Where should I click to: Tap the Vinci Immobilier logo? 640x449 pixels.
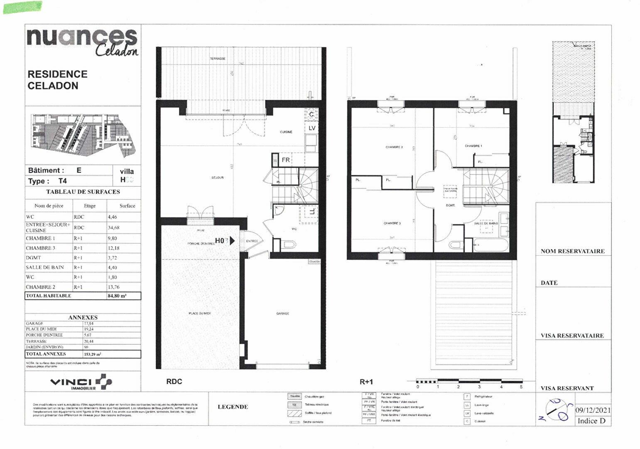pos(81,382)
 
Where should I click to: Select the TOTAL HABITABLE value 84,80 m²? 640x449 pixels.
pos(117,296)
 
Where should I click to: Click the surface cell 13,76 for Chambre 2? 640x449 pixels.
pos(113,287)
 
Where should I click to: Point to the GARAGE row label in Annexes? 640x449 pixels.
pos(34,323)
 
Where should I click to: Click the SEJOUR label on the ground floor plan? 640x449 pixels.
pos(217,178)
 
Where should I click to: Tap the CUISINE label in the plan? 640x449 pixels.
pos(286,132)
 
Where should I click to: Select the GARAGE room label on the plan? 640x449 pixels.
pos(282,313)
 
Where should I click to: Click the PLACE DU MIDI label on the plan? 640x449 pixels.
pos(199,313)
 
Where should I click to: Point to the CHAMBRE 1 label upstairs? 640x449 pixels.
pos(473,146)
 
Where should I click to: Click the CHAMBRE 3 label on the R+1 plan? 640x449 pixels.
pos(392,223)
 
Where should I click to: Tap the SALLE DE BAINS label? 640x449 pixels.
pos(486,223)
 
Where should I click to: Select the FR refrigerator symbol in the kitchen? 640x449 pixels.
pos(286,160)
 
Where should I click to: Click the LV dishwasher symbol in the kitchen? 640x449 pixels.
pos(311,128)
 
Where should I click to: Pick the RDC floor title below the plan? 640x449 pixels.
pos(174,382)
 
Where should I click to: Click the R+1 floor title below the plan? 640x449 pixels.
pos(366,382)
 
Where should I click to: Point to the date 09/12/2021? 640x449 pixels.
pos(593,410)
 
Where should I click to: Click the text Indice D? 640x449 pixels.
pos(591,421)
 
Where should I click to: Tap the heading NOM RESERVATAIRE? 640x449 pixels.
pos(572,251)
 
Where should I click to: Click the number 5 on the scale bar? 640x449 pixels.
pos(521,387)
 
